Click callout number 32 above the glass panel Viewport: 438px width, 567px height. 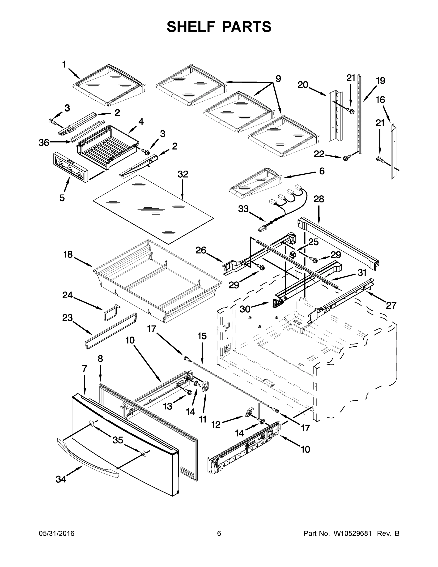pyautogui.click(x=183, y=174)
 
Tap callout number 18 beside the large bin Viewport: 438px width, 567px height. pyautogui.click(x=68, y=255)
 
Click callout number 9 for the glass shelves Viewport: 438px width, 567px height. pyautogui.click(x=278, y=78)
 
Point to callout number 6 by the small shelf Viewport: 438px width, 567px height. pyautogui.click(x=322, y=171)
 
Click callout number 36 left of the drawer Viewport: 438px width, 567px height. pyautogui.click(x=44, y=142)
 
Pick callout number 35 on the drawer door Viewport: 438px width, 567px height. pyautogui.click(x=118, y=440)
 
